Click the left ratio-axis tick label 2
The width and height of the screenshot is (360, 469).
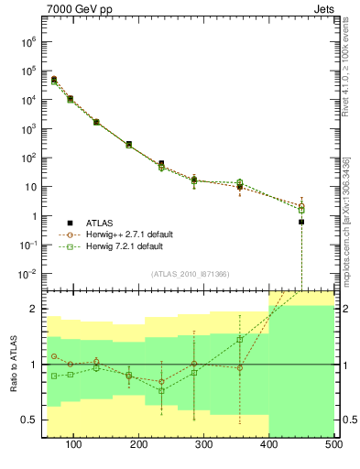tap(34, 309)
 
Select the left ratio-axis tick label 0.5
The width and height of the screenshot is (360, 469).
tap(30, 420)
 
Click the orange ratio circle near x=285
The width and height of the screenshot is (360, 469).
tap(194, 364)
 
